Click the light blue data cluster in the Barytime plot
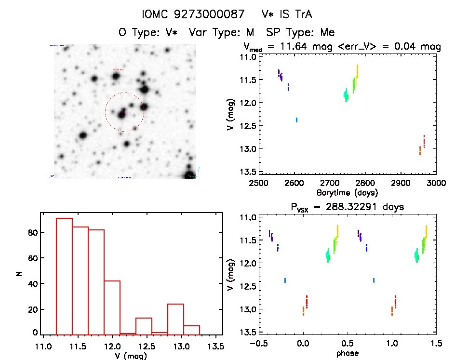[x=296, y=120]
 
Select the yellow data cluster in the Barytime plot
[x=357, y=71]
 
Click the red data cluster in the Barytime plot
[x=424, y=141]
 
